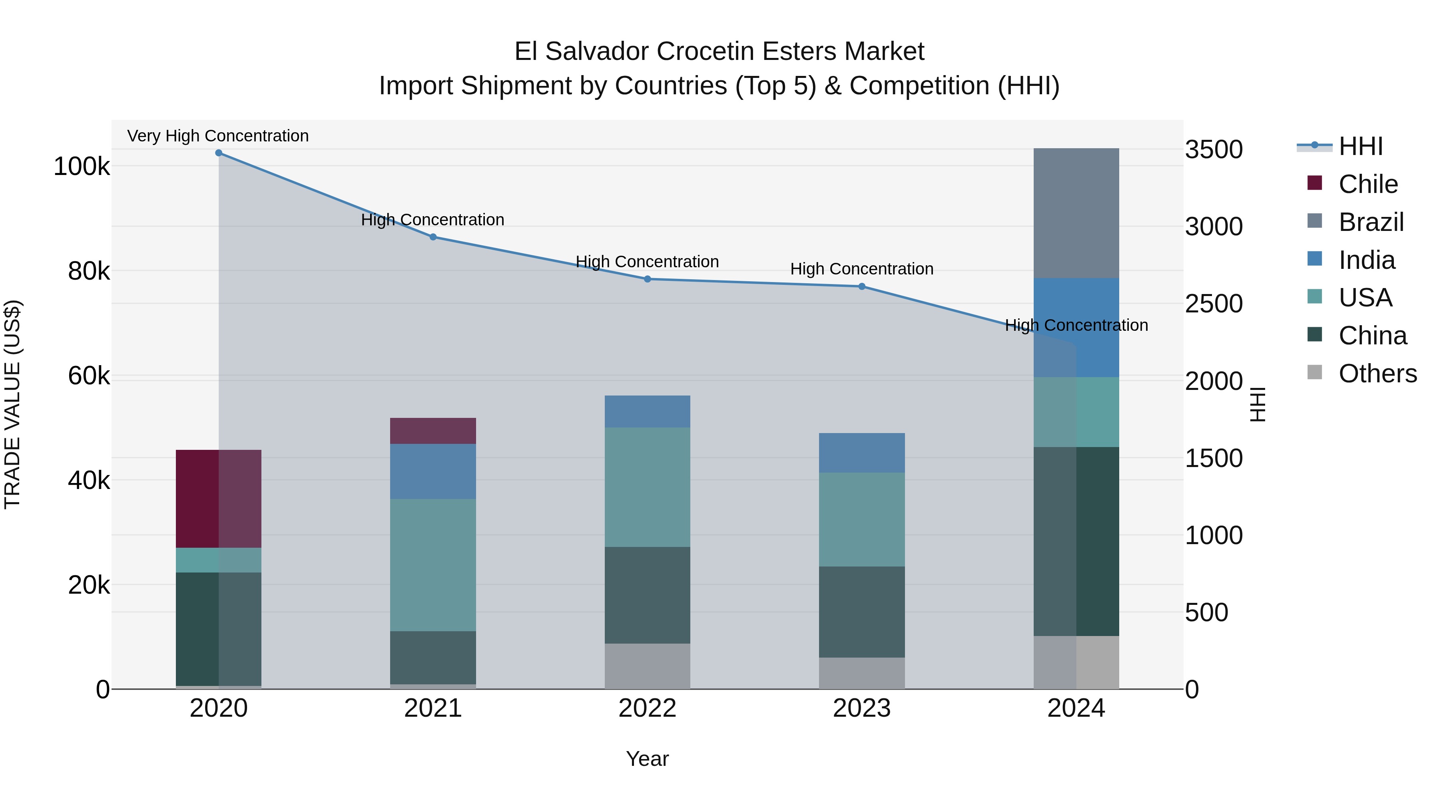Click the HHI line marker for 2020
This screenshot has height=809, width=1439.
218,153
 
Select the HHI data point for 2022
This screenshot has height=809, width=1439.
648,279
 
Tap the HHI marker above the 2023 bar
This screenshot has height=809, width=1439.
861,286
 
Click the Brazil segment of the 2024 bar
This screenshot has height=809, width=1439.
1076,213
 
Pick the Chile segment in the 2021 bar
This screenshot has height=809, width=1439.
433,431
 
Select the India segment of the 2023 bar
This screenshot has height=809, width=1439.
861,453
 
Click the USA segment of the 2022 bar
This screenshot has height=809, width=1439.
648,487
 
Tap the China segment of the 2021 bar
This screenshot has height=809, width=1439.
433,658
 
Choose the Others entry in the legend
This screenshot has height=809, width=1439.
1377,374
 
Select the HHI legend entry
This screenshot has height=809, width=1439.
1360,146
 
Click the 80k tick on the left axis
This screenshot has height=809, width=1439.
88,271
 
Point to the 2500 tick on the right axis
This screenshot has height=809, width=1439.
1213,304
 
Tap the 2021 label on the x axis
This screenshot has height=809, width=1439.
433,708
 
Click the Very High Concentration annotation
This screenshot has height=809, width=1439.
218,136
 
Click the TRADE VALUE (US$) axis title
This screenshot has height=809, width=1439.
13,404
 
